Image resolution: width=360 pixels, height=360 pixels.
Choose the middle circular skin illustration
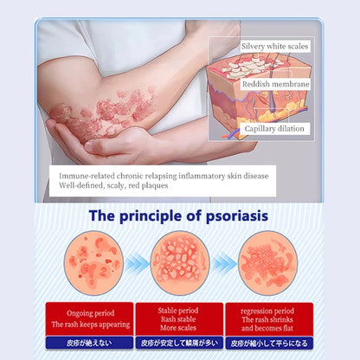click(180, 262)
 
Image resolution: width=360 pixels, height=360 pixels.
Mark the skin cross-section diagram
click(260, 91)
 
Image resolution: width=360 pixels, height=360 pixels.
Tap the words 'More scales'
click(180, 327)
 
